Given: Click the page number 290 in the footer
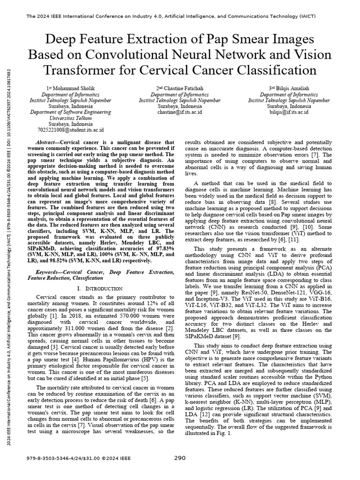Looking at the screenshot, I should (180, 458).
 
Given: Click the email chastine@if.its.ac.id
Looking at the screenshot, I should (180, 112).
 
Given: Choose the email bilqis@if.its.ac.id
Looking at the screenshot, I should (289, 112).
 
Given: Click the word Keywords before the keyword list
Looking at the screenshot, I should (49, 272).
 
